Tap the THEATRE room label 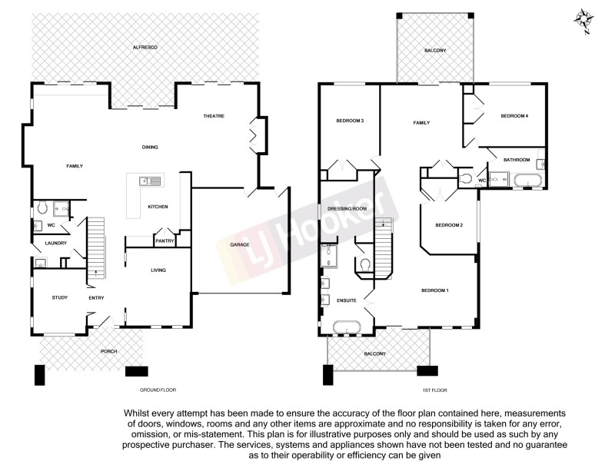(213, 116)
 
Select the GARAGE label (239, 244)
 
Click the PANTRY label (165, 241)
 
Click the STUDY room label (60, 298)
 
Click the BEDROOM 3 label (350, 121)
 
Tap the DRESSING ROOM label (347, 208)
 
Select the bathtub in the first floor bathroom (529, 181)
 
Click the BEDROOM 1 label (434, 290)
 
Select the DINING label (149, 147)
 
